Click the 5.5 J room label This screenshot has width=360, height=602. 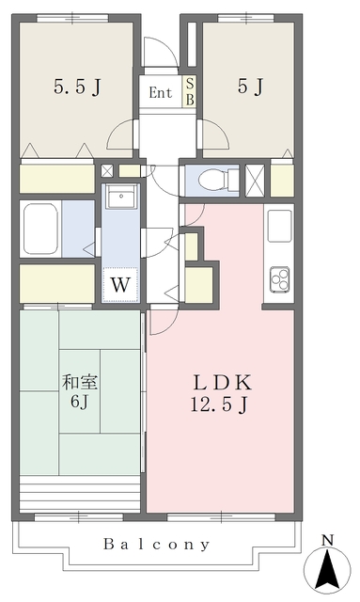[x=77, y=87]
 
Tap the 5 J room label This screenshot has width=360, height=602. [x=250, y=86]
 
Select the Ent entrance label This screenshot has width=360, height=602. [x=161, y=92]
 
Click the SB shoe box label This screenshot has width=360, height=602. [x=190, y=91]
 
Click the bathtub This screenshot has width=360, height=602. [x=40, y=229]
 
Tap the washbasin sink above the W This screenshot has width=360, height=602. [x=121, y=196]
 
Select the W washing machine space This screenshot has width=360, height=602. [x=120, y=284]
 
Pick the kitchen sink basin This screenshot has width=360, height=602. [x=279, y=226]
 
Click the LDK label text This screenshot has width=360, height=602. [x=222, y=383]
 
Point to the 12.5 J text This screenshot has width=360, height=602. [x=219, y=404]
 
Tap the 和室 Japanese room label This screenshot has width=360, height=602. [x=80, y=383]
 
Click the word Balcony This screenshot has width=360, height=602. [x=157, y=544]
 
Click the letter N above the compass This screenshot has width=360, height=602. [x=327, y=541]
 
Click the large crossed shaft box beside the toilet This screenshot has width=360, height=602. [x=255, y=180]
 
